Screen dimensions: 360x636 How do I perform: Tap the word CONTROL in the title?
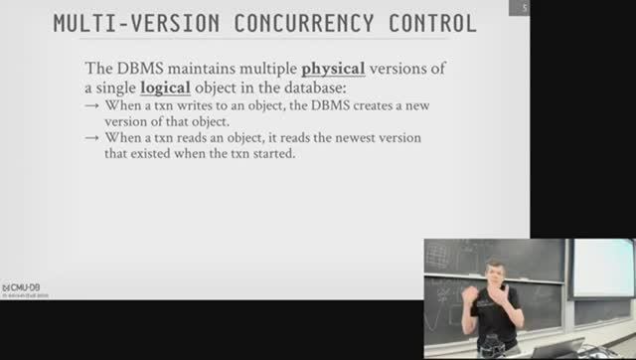[431, 21]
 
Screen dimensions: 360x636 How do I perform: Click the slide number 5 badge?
[524, 8]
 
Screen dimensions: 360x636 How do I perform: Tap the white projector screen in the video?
[602, 266]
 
